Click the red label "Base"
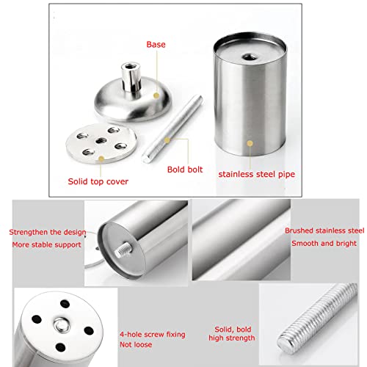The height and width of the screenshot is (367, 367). pos(156,45)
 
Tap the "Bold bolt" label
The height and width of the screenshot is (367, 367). pos(185,170)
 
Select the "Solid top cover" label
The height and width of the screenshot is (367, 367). pos(98,181)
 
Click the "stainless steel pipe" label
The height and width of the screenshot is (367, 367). pos(257,174)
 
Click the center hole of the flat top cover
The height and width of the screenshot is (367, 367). pos(101,140)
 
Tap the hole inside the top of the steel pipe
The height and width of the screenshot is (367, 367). pos(250,58)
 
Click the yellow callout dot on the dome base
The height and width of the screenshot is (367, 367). pos(156,95)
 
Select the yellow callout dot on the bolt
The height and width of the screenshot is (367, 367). pos(167,140)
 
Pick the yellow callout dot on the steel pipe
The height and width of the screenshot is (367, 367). pos(250,143)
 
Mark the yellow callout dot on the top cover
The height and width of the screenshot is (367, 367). pos(101,159)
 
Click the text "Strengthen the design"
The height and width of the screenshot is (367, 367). pos(48,232)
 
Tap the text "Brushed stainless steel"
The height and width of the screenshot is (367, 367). pos(324,230)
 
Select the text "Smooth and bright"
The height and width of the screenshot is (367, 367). pos(324,244)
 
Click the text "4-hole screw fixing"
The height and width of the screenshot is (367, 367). pos(153,335)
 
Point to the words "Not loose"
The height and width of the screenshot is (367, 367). pos(136,345)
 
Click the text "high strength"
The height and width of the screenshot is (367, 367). pos(232,338)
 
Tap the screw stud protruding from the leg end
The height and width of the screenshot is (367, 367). pos(123,249)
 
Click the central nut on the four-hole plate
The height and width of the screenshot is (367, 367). pos(62,326)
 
